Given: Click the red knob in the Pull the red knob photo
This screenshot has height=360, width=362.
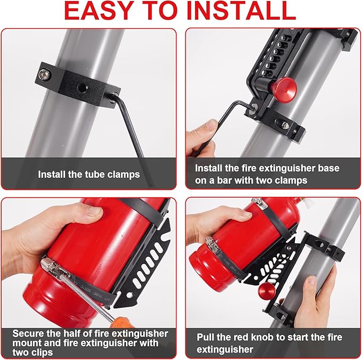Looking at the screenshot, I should pos(265,291).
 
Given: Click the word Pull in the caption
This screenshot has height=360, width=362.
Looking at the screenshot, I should pos(207,338).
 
